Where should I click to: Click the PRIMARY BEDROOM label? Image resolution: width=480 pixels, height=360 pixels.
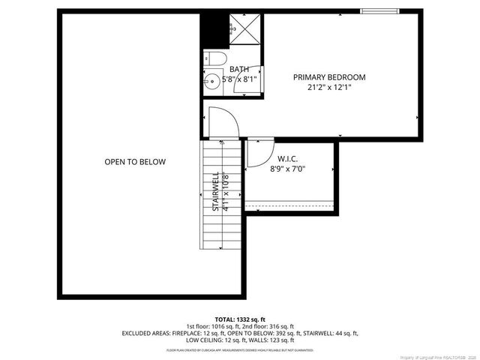click(329, 77)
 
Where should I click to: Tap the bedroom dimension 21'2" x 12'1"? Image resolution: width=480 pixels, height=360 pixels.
click(329, 87)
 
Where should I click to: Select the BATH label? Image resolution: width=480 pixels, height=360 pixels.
click(240, 70)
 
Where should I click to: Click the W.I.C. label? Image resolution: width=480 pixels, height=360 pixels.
click(288, 159)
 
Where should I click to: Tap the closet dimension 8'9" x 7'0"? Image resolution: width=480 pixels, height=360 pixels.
click(288, 169)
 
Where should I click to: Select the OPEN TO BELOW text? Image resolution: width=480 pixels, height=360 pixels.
click(135, 162)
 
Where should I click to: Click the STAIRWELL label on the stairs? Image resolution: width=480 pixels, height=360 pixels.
click(216, 193)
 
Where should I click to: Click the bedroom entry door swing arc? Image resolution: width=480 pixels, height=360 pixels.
click(223, 121)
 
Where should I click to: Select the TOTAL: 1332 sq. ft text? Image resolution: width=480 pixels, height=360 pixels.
click(240, 319)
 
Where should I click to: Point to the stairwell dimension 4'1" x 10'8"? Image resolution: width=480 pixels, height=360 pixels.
click(225, 193)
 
